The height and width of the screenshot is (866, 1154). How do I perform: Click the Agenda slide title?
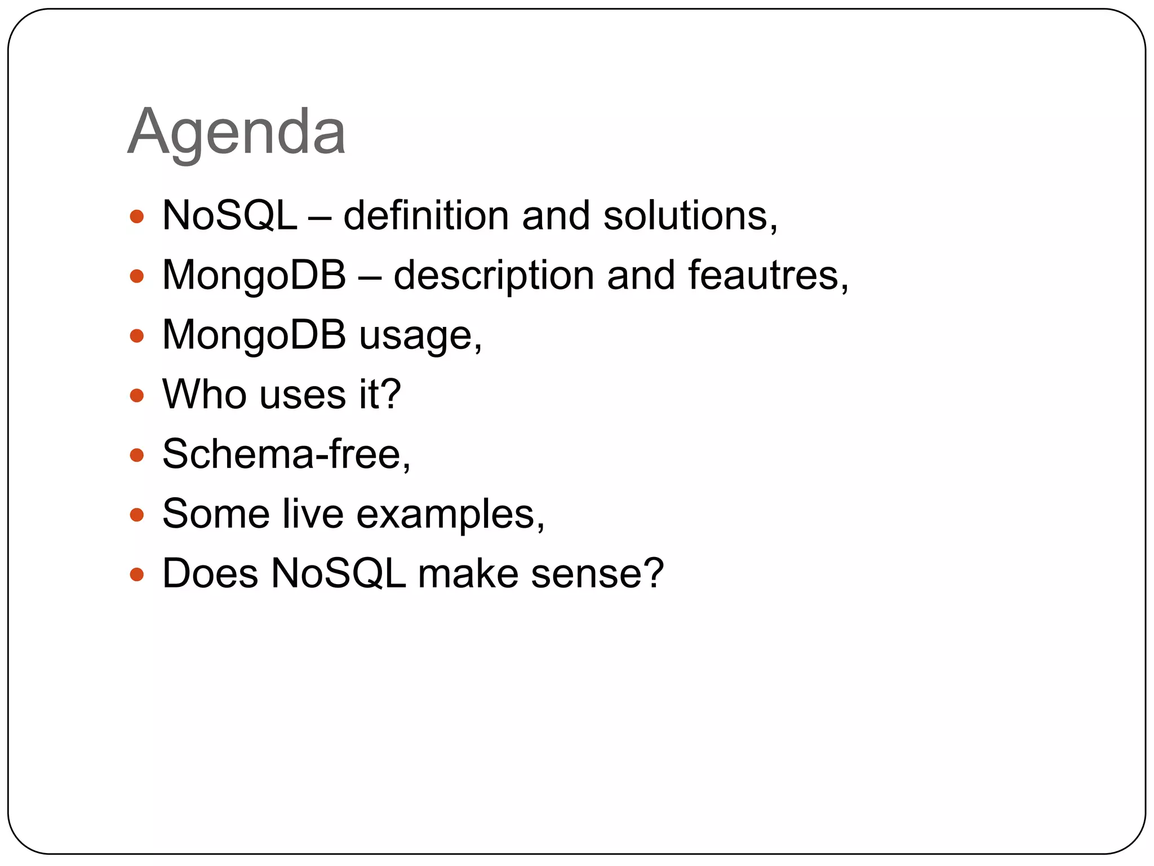pyautogui.click(x=237, y=132)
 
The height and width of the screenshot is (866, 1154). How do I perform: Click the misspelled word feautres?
pyautogui.click(x=767, y=276)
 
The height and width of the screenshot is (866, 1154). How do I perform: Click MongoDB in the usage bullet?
pyautogui.click(x=254, y=335)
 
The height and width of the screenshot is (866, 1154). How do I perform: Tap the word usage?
pyautogui.click(x=420, y=337)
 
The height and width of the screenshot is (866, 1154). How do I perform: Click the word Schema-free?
pyautogui.click(x=285, y=454)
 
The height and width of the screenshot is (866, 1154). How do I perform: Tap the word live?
pyautogui.click(x=313, y=514)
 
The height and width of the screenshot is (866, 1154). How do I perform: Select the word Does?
pyautogui.click(x=210, y=573)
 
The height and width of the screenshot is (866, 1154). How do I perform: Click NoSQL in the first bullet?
pyautogui.click(x=229, y=216)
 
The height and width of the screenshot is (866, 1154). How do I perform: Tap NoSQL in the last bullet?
pyautogui.click(x=338, y=573)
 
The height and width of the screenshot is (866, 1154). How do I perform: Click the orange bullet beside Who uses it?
pyautogui.click(x=137, y=395)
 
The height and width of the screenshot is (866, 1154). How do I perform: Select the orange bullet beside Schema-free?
pyautogui.click(x=137, y=455)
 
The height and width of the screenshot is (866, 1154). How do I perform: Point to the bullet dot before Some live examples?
pyautogui.click(x=137, y=515)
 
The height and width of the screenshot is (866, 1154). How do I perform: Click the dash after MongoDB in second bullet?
pyautogui.click(x=370, y=277)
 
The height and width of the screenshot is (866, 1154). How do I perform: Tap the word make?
pyautogui.click(x=468, y=573)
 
